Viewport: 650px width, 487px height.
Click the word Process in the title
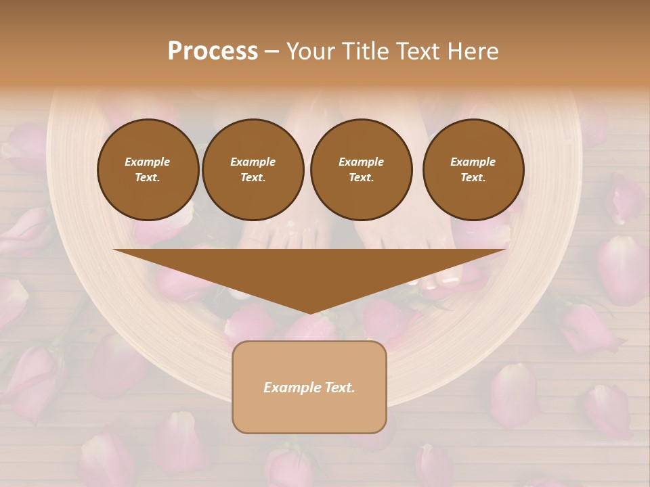[213, 51]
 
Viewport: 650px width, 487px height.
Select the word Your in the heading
[311, 51]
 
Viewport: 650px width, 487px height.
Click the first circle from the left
[148, 169]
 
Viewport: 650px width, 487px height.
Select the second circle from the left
[253, 169]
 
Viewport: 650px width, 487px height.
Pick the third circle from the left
[361, 169]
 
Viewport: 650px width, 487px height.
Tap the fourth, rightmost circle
[473, 169]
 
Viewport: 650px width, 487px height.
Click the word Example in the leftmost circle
[148, 162]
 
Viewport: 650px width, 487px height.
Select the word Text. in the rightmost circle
[473, 177]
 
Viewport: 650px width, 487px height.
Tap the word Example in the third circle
[361, 162]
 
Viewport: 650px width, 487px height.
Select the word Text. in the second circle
[253, 177]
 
